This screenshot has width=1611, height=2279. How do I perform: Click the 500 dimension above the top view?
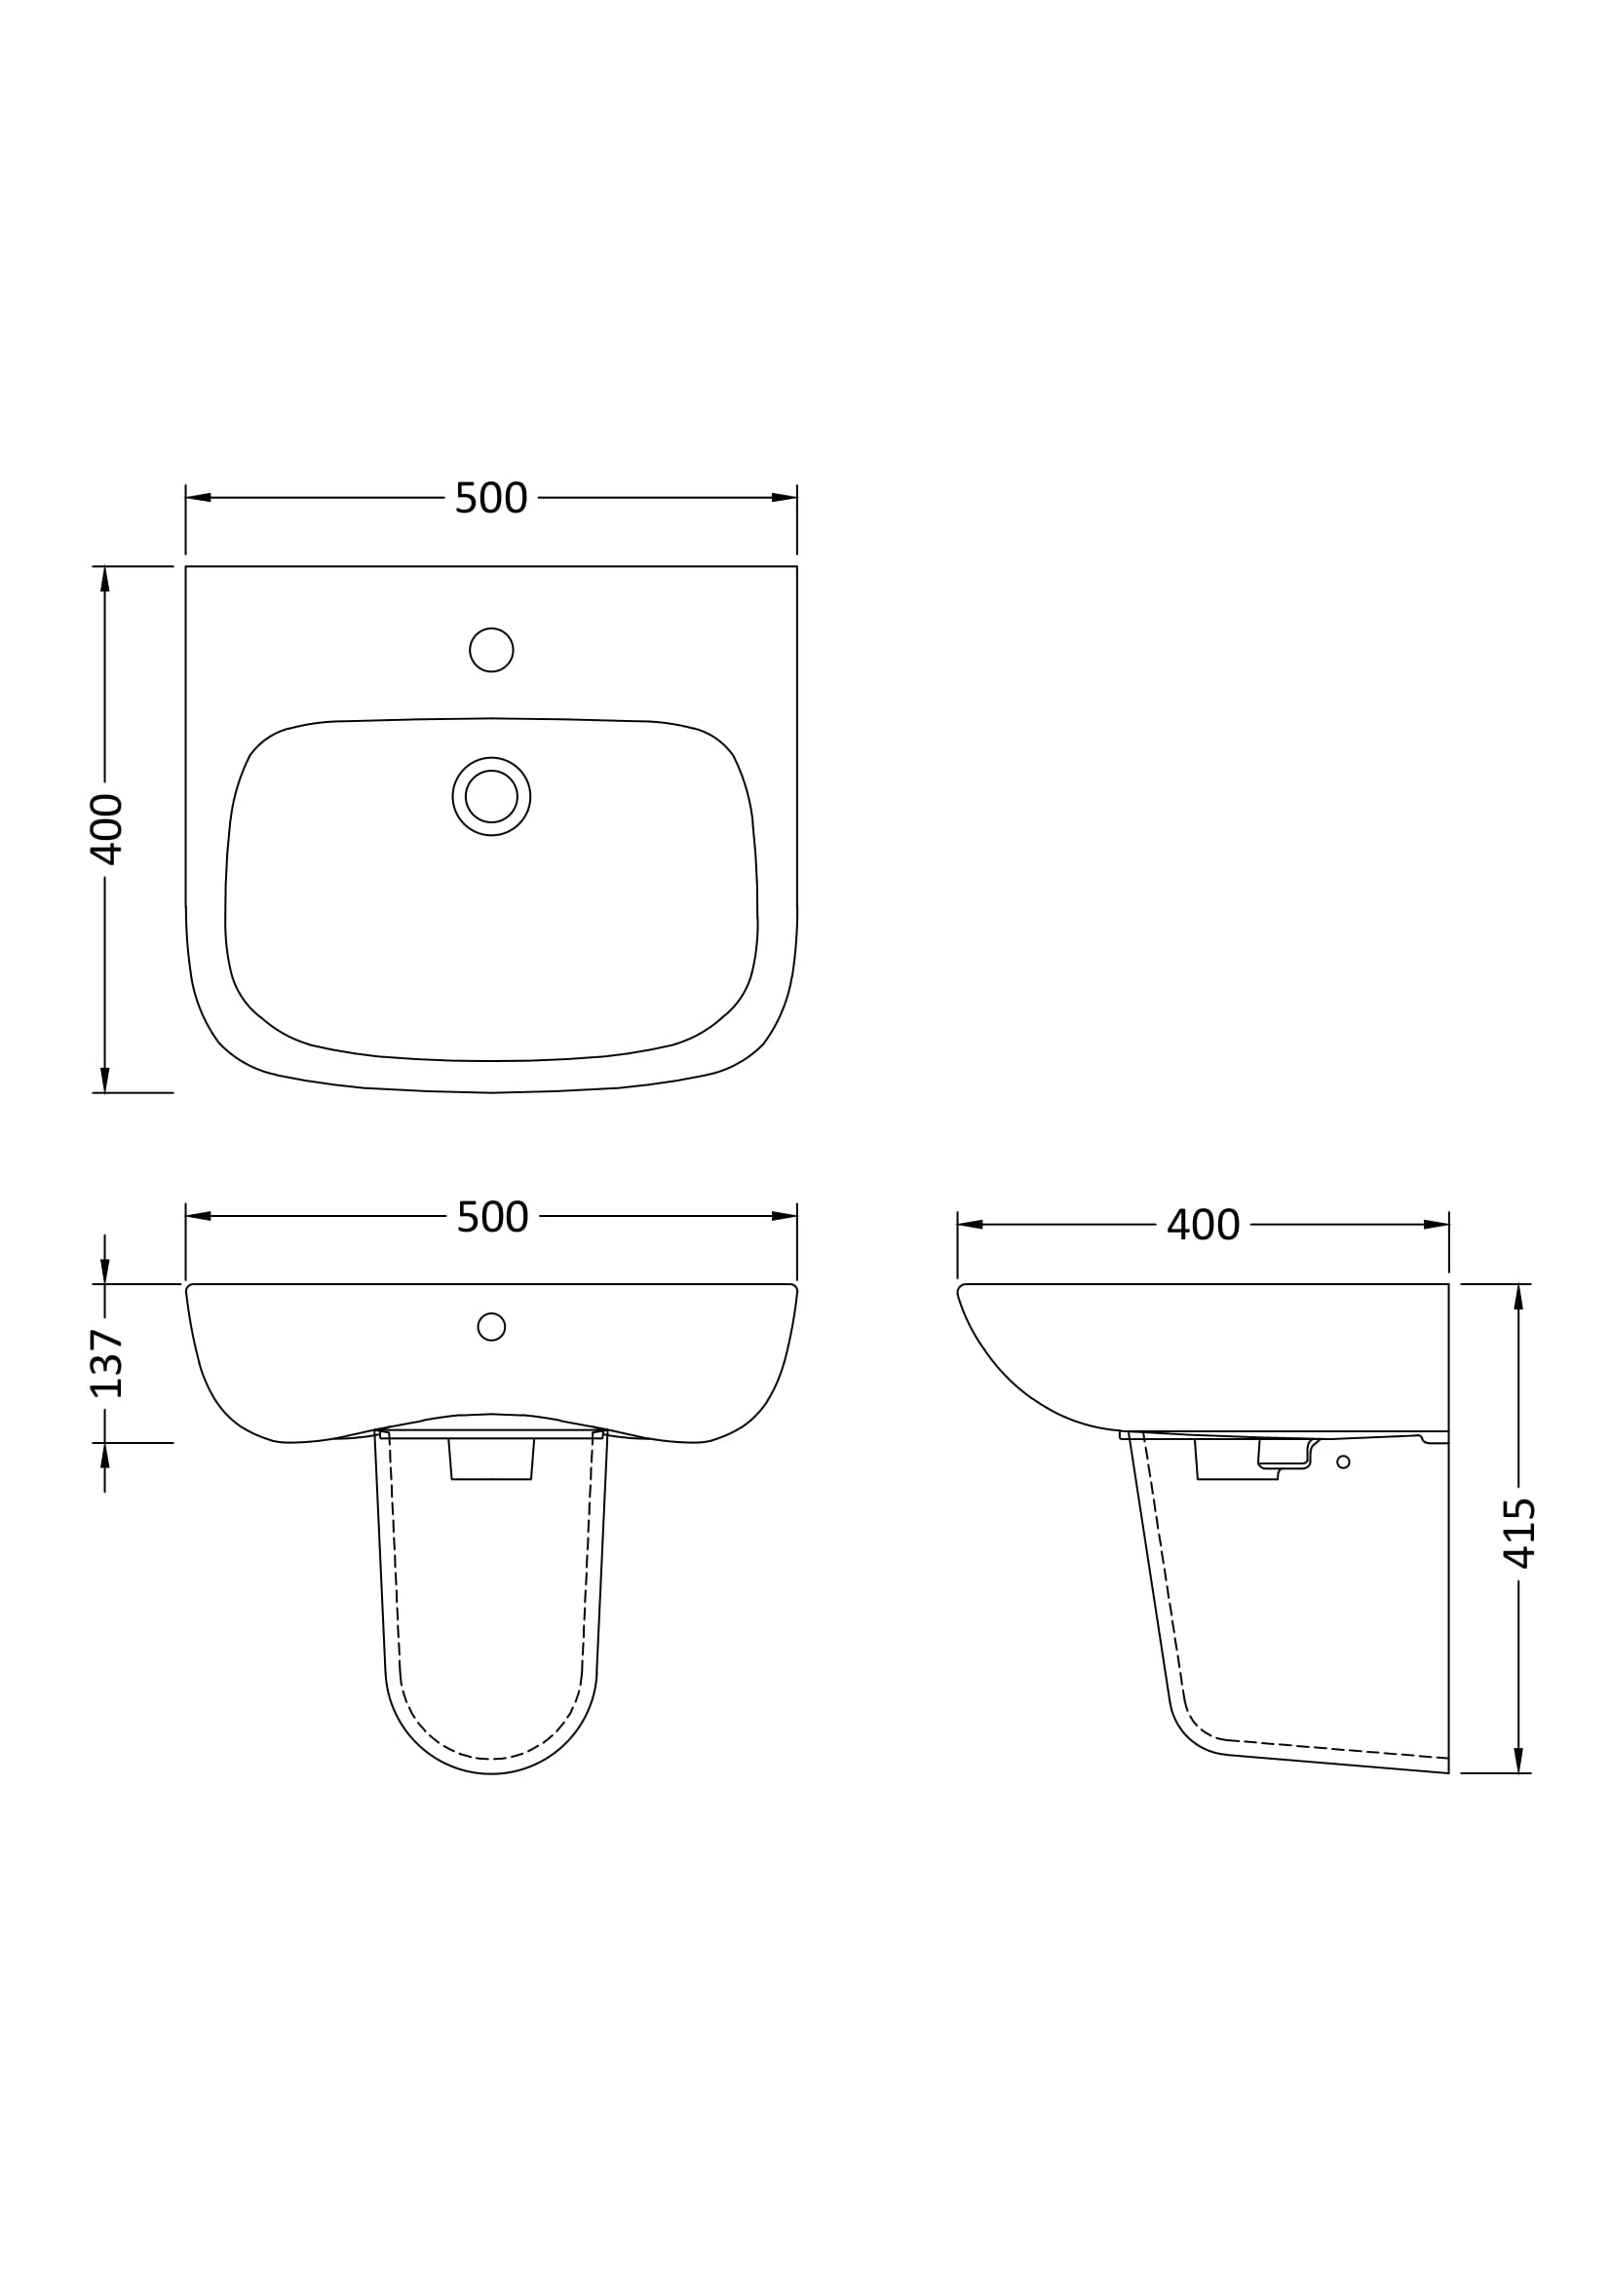[x=491, y=498]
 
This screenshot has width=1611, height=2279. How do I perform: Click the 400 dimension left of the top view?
[x=106, y=829]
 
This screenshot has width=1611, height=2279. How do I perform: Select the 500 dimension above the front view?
[x=492, y=1217]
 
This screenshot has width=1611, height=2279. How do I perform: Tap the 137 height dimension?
[x=106, y=1363]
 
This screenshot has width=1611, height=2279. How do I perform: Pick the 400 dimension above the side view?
[x=1203, y=1225]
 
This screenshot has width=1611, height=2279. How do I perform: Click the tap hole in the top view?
[x=491, y=650]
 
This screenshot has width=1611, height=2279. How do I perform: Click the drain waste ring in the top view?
[x=491, y=796]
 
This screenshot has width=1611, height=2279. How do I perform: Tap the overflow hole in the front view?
[x=491, y=1326]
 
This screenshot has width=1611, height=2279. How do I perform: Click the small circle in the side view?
[x=1343, y=1462]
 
